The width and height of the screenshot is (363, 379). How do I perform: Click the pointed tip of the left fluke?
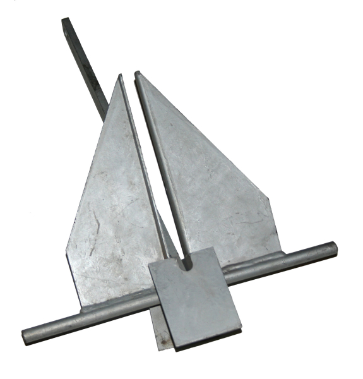[121, 76]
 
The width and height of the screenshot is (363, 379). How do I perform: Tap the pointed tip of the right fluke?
[137, 73]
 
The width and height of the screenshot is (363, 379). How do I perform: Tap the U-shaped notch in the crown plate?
[185, 261]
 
